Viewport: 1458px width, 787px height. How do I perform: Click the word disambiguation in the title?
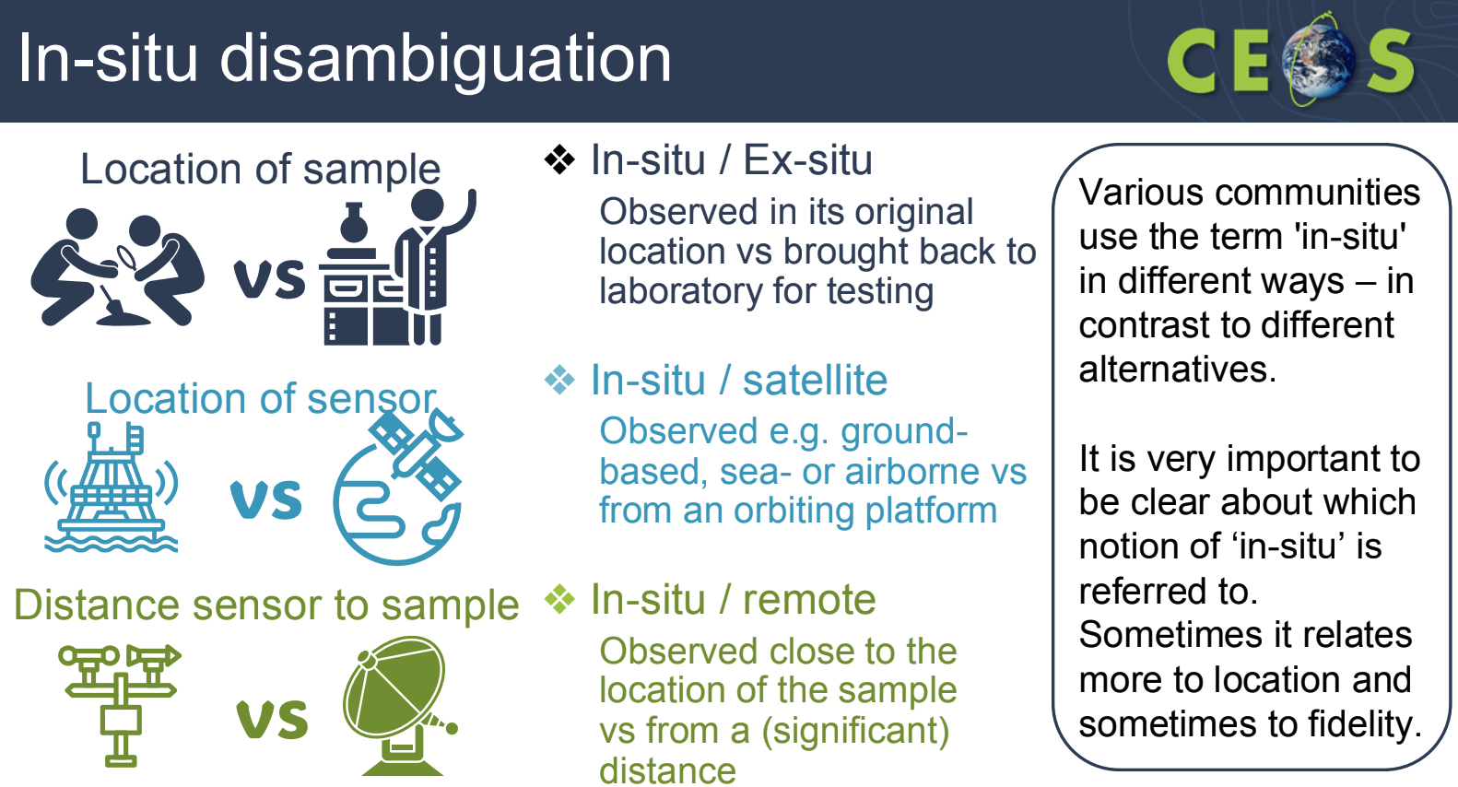[x=445, y=59]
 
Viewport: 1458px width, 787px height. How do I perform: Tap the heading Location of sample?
[x=260, y=169]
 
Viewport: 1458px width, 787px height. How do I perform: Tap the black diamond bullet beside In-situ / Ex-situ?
[x=559, y=160]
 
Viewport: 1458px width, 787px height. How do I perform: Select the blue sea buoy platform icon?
[x=112, y=487]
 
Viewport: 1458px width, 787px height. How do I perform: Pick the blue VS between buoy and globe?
[x=266, y=499]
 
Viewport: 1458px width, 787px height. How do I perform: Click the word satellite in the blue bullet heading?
[x=815, y=380]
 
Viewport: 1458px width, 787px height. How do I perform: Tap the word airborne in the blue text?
[x=890, y=471]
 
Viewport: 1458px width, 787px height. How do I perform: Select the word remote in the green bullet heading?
[x=809, y=599]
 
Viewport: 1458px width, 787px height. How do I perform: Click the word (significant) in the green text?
[x=855, y=731]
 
